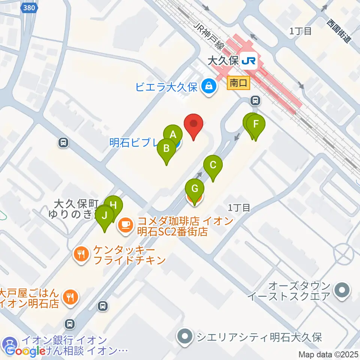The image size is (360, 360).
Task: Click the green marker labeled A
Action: point(173,135)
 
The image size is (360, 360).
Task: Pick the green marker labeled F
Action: point(256,124)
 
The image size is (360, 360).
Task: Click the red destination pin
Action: point(193,124)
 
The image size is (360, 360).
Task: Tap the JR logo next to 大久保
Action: point(249,60)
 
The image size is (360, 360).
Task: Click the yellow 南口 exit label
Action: point(238,83)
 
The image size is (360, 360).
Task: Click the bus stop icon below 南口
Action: point(255,100)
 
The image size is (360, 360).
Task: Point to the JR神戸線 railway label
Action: point(208,36)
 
